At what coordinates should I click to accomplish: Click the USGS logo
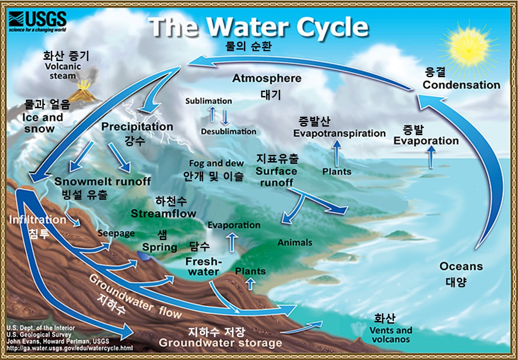coord(37,22)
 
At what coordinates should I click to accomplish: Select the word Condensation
coord(461,85)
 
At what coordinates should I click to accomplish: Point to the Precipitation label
coord(137,127)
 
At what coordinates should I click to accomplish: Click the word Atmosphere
coord(266,79)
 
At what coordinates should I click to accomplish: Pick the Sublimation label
coord(208,101)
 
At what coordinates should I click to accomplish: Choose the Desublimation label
coord(229,132)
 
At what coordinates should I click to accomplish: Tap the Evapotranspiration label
coord(340,134)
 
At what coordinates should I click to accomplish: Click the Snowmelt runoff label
coord(102,181)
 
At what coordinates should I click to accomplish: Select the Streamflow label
coord(164,213)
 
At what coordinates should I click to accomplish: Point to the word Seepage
coord(116,233)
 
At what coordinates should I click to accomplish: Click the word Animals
coord(295,242)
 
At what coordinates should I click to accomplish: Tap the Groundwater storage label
coord(220,343)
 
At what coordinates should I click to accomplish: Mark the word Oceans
coord(461,266)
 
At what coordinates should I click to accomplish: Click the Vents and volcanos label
coord(390,334)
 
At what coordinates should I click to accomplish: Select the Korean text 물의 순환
coord(248,46)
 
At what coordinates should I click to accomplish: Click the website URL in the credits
coord(70,348)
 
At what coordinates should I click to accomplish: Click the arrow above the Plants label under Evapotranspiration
coord(336,153)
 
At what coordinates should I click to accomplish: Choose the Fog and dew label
coord(217,163)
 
